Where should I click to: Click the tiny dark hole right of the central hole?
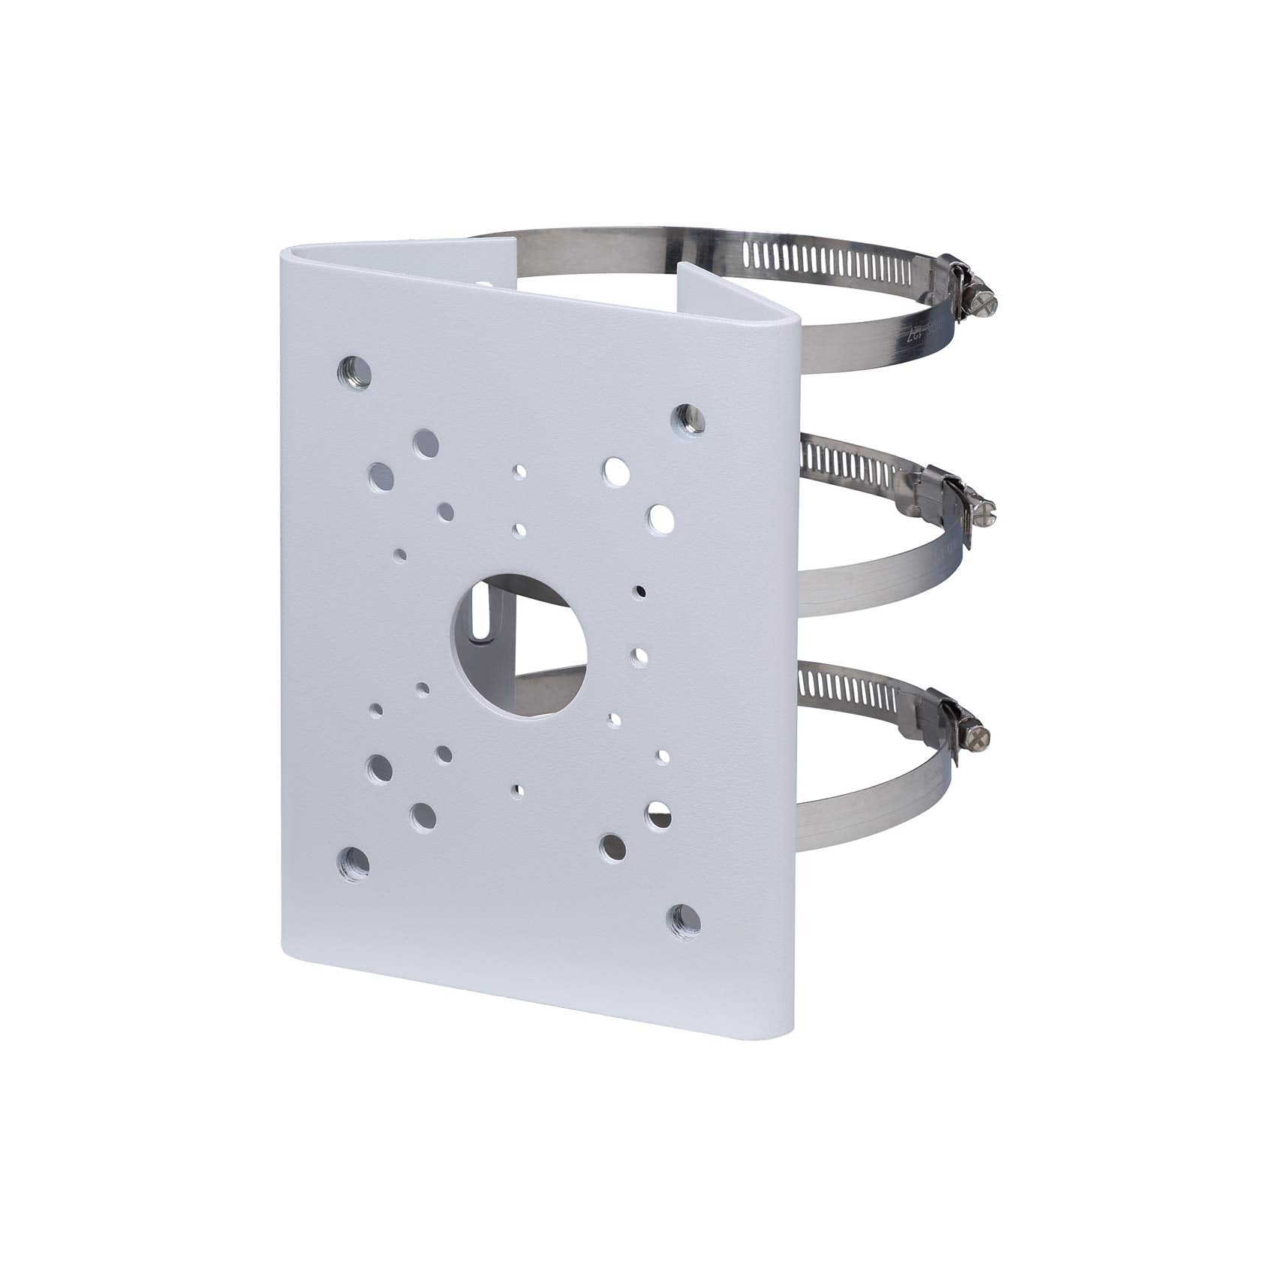click(x=640, y=591)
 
